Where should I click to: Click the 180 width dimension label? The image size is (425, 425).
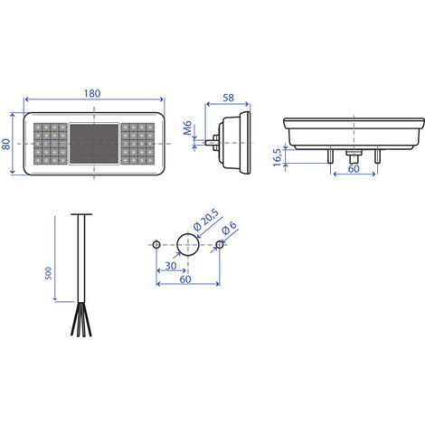pyautogui.click(x=92, y=93)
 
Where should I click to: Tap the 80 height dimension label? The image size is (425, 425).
pyautogui.click(x=6, y=144)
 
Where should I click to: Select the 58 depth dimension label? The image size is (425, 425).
pyautogui.click(x=228, y=98)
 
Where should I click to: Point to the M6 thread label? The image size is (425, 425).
pyautogui.click(x=187, y=127)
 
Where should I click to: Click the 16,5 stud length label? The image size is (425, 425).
pyautogui.click(x=278, y=157)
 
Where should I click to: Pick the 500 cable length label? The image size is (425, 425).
pyautogui.click(x=48, y=273)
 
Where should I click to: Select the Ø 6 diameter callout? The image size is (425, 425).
pyautogui.click(x=229, y=228)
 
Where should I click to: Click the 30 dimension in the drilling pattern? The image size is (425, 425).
pyautogui.click(x=171, y=266)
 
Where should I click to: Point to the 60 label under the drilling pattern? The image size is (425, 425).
pyautogui.click(x=185, y=279)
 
